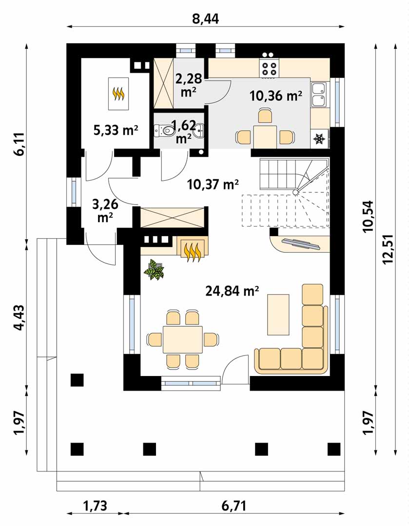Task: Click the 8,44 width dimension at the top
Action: pyautogui.click(x=205, y=19)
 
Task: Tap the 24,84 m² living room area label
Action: pyautogui.click(x=232, y=291)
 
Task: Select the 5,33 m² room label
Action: pyautogui.click(x=116, y=130)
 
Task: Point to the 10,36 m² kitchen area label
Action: pyautogui.click(x=276, y=96)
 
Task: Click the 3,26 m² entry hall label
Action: pyautogui.click(x=105, y=211)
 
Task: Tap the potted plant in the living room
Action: pyautogui.click(x=154, y=269)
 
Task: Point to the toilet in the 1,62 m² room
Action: pyautogui.click(x=163, y=130)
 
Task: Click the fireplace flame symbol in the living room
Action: pyautogui.click(x=193, y=251)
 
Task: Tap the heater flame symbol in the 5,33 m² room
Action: pyautogui.click(x=118, y=94)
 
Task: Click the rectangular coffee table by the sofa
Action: pyautogui.click(x=278, y=314)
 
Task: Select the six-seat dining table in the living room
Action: pyautogui.click(x=183, y=339)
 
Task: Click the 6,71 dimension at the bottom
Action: pyautogui.click(x=234, y=506)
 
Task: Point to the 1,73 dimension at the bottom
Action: pyautogui.click(x=95, y=506)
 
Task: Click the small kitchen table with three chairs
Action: pyautogui.click(x=265, y=137)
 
